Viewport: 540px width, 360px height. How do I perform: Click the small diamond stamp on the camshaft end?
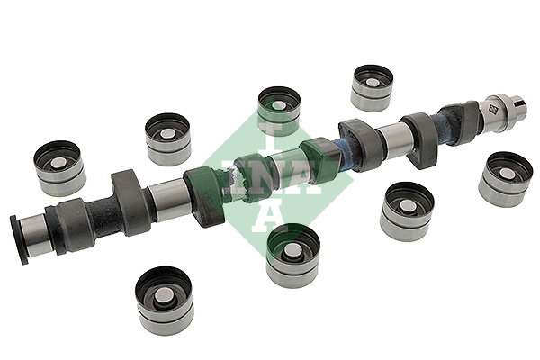492,110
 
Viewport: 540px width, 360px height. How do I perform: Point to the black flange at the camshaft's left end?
16,239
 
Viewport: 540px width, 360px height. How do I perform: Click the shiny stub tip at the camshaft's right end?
519,106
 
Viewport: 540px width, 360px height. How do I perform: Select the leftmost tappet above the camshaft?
59,167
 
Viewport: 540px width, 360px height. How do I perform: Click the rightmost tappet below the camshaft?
506,179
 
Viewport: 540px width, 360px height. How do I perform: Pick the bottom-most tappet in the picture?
165,301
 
